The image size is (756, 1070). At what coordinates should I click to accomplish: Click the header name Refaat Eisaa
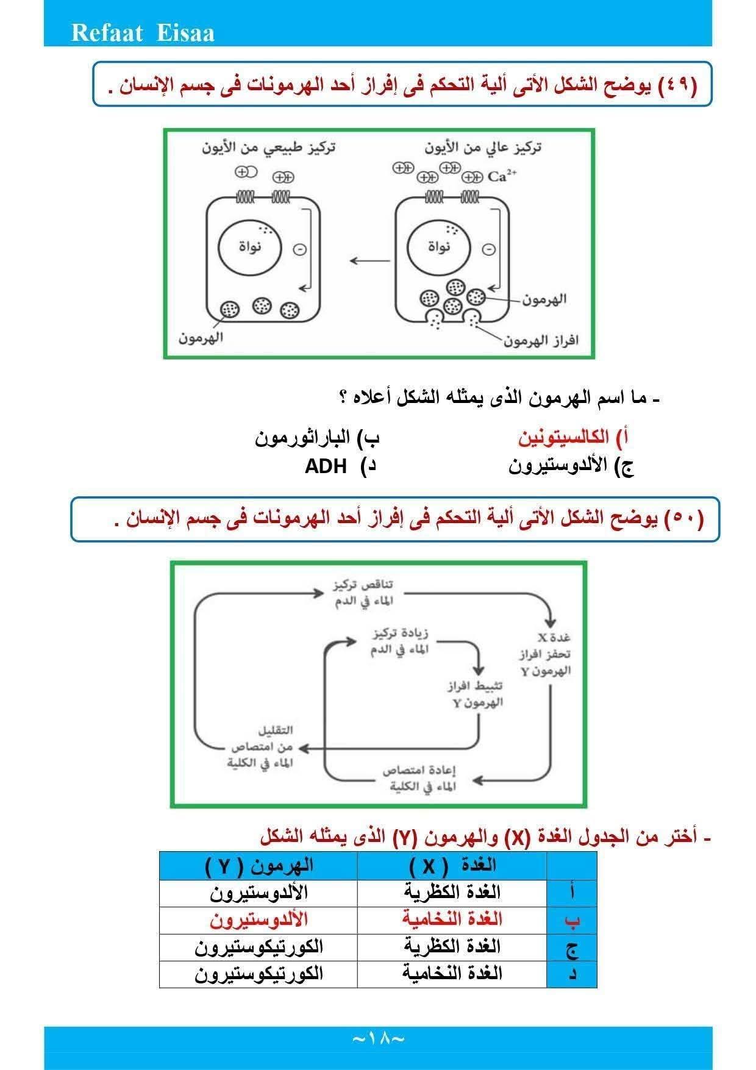143,33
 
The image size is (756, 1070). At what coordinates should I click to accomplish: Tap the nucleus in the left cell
250,247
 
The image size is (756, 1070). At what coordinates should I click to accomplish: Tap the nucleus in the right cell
439,247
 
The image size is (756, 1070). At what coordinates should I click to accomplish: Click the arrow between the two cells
370,261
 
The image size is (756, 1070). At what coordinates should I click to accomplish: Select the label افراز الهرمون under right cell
541,341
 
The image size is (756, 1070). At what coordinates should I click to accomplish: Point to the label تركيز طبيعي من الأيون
269,148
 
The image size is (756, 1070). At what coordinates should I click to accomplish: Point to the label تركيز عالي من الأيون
483,147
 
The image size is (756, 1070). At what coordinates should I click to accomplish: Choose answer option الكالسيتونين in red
573,437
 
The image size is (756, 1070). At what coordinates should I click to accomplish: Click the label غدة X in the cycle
554,638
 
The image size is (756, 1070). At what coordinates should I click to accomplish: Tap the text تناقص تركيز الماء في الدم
363,593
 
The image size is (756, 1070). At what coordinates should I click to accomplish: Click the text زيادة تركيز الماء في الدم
399,641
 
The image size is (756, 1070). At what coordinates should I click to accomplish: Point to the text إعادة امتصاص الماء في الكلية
419,778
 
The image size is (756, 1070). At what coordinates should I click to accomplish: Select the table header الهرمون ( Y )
259,865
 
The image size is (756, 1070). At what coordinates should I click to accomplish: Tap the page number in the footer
378,1038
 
